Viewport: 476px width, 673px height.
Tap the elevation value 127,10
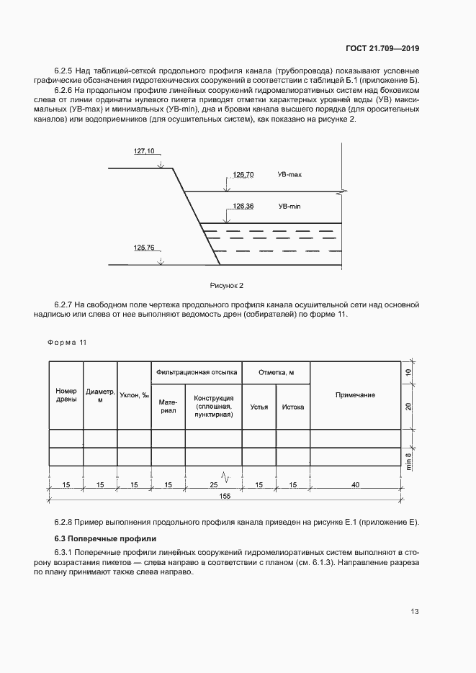coord(144,151)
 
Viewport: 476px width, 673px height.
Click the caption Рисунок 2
coord(226,286)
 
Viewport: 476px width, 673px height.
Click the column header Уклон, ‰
coord(134,395)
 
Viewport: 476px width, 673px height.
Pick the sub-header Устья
coord(259,407)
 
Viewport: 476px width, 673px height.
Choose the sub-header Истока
coord(292,407)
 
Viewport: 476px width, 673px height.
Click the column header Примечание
coord(355,395)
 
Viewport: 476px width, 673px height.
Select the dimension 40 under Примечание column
coord(355,485)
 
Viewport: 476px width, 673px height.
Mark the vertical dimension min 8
coord(408,456)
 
